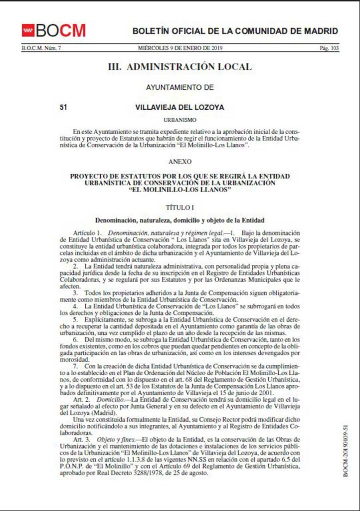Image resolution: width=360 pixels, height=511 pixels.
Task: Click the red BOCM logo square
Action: [x=28, y=30]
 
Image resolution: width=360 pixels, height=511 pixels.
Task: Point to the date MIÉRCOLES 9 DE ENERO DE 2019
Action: [x=180, y=48]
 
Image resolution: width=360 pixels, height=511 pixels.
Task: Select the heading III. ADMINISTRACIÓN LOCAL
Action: [x=180, y=67]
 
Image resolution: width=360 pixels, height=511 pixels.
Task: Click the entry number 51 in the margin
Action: [x=63, y=107]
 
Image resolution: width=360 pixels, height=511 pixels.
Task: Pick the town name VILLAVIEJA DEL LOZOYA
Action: [x=180, y=107]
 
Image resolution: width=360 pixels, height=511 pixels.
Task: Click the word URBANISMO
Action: [x=180, y=120]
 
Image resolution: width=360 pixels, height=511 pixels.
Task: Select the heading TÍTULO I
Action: [x=180, y=207]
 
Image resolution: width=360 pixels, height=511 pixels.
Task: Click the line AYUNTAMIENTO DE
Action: [x=180, y=87]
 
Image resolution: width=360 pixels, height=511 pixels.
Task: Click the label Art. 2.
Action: [x=81, y=400]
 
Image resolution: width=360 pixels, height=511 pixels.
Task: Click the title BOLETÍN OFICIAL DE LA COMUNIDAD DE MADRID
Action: [x=235, y=31]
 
